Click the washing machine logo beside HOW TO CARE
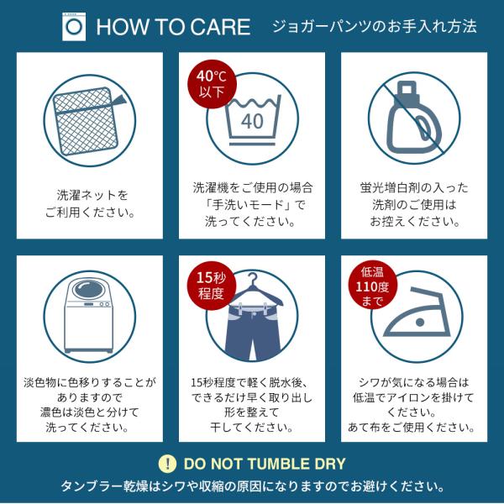click(74, 27)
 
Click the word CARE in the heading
click(223, 27)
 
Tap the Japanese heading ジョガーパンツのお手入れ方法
click(374, 26)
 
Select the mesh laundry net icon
click(87, 121)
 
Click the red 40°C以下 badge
click(213, 85)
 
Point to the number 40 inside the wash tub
click(252, 121)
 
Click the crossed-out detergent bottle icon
click(414, 118)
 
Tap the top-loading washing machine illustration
click(89, 316)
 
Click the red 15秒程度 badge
click(212, 286)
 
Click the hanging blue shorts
click(253, 332)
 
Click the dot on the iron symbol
click(420, 322)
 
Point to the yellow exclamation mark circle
click(167, 464)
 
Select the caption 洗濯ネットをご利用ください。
click(90, 204)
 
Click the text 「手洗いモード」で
click(252, 204)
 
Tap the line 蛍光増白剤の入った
click(414, 187)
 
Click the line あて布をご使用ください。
click(412, 428)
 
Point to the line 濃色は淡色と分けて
click(90, 412)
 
